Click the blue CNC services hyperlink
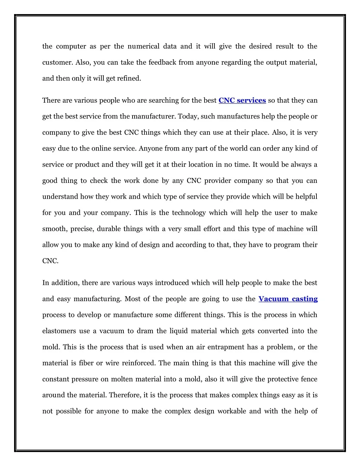pyautogui.click(x=242, y=101)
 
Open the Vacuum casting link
pyautogui.click(x=288, y=299)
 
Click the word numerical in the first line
pyautogui.click(x=143, y=46)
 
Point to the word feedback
pyautogui.click(x=162, y=63)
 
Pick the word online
pyautogui.click(x=101, y=148)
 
